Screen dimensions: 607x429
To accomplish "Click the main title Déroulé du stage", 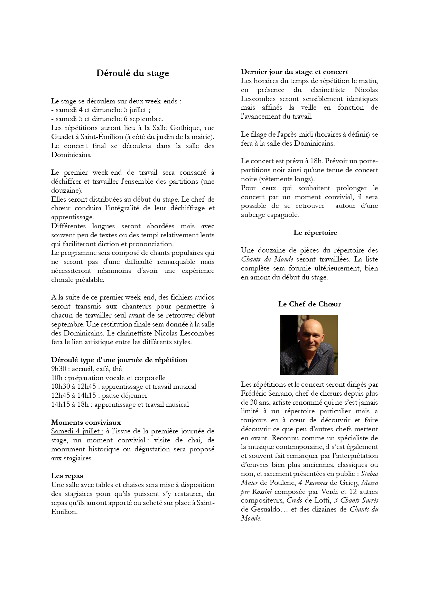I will (x=132, y=73).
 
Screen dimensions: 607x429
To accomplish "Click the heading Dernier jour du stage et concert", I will (x=294, y=72).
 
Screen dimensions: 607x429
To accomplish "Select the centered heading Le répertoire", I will (x=315, y=232).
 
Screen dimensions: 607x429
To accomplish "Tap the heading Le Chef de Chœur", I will (x=309, y=304).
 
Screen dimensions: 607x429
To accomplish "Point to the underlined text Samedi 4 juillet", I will (x=77, y=431).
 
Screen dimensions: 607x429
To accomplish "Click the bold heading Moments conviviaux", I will (x=86, y=422).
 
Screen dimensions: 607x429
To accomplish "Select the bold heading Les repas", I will (x=67, y=476).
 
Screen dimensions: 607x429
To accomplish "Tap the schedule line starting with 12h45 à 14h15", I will (x=99, y=395).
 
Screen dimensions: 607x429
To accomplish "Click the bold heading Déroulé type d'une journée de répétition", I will (x=119, y=360).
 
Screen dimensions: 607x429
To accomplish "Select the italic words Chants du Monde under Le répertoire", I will (x=267, y=259).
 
